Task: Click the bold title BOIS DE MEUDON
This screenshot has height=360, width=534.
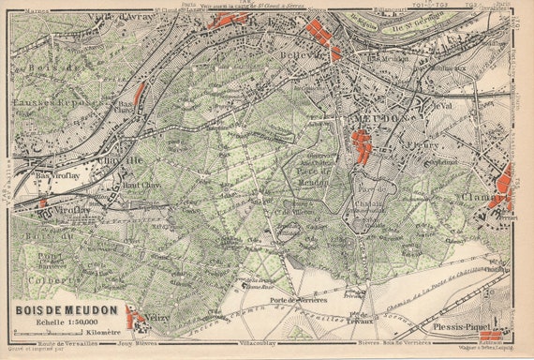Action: (66, 307)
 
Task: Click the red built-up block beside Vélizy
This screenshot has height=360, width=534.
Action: (137, 321)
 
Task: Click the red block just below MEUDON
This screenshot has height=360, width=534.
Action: (361, 146)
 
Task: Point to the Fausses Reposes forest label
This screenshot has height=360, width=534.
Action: (42, 102)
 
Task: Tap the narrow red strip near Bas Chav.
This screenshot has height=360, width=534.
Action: (140, 93)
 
